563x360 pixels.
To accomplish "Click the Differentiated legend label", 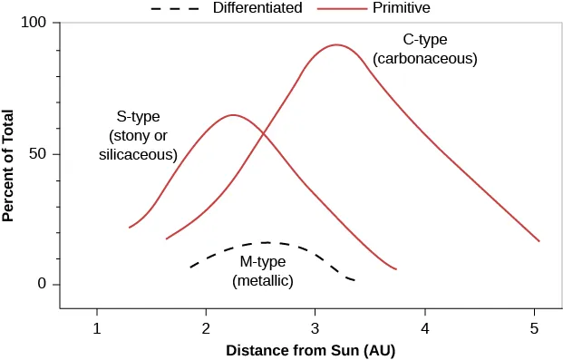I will coord(257,8).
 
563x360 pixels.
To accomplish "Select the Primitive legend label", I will coord(401,8).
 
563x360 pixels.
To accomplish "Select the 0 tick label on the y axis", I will coord(42,285).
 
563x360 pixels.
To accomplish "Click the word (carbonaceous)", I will coord(425,58).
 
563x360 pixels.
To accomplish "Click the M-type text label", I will coord(263,261).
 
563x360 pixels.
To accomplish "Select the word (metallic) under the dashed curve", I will coord(263,280).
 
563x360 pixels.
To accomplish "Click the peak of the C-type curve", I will coord(336,44).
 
